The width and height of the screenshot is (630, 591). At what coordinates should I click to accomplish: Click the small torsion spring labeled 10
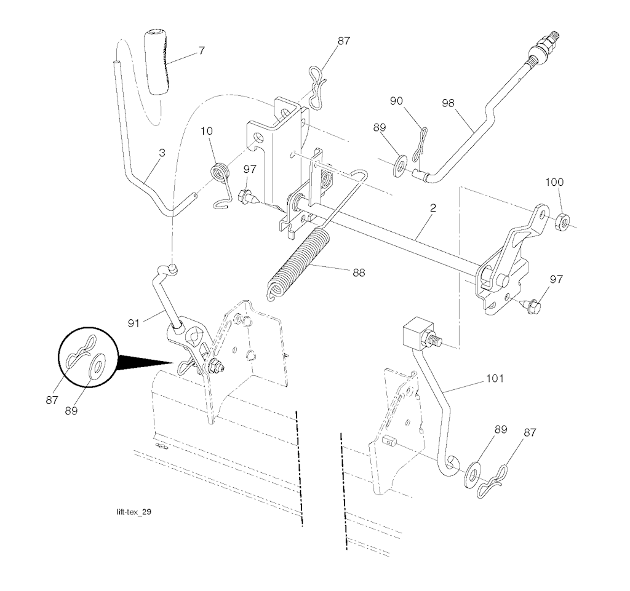(220, 173)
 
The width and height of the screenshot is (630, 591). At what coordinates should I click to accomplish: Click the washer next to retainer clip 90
(400, 165)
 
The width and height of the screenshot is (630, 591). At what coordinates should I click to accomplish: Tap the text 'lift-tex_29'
(134, 512)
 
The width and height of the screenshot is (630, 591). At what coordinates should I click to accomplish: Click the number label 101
(494, 378)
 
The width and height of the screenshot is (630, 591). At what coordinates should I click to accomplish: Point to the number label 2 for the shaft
(433, 209)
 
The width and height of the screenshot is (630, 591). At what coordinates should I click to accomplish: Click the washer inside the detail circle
(95, 368)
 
